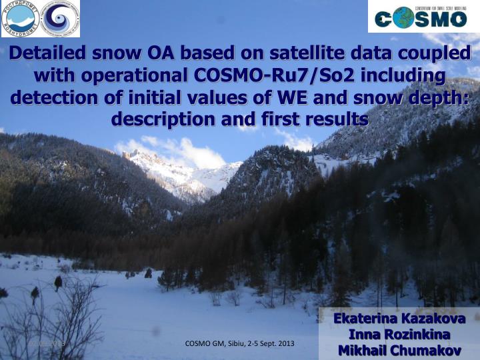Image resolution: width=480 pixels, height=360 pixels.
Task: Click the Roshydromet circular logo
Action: coord(21,19)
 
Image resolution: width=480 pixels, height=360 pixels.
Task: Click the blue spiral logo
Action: coord(60,19)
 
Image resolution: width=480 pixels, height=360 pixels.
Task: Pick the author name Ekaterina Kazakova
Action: coord(399,318)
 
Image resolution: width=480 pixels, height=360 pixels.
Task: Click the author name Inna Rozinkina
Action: coord(399,334)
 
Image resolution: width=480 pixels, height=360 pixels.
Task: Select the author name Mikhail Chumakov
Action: coord(399,350)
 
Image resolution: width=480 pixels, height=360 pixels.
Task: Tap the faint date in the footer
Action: coord(46,343)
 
